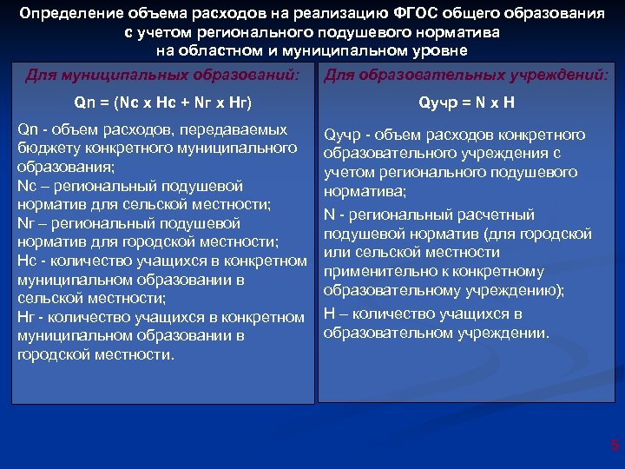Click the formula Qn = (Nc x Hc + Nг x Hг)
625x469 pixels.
coord(162,102)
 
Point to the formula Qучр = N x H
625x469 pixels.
coord(465,102)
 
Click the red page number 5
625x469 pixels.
coord(615,446)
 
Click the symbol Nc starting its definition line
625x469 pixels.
coord(26,186)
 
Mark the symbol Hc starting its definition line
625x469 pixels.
coord(26,261)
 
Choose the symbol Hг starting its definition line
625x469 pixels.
coord(26,317)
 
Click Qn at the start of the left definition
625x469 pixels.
coord(27,129)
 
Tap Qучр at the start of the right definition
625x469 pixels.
coord(342,135)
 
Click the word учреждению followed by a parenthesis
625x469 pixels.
coord(512,290)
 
